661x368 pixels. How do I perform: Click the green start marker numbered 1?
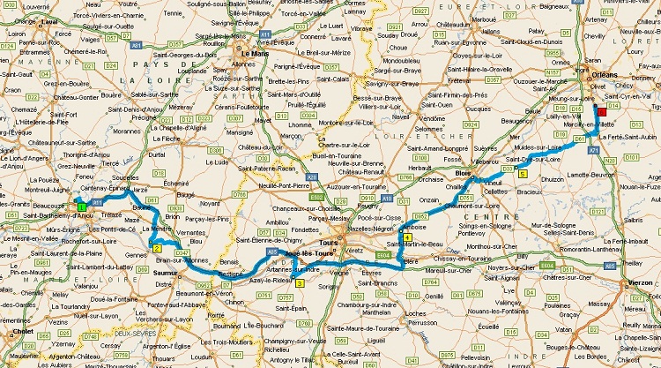tap(81, 206)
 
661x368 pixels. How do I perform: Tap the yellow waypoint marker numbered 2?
tap(156, 248)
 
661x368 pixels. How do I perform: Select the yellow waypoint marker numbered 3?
tap(300, 282)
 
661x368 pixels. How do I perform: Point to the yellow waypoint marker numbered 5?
tap(524, 174)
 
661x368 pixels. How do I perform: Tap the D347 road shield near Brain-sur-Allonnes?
tap(182, 252)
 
